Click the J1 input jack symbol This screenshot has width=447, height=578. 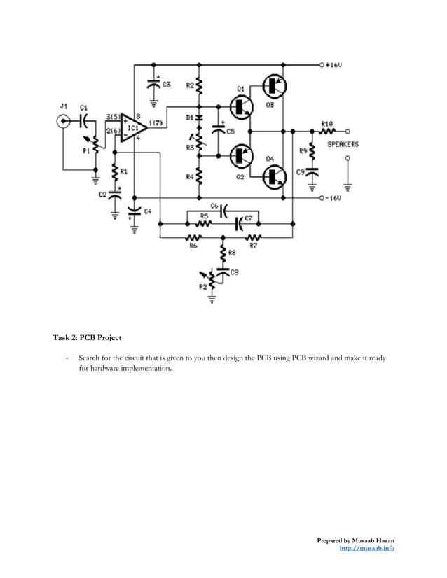click(x=64, y=120)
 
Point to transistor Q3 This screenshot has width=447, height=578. click(x=273, y=85)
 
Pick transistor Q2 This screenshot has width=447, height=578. click(x=242, y=155)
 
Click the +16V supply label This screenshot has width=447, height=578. click(x=333, y=64)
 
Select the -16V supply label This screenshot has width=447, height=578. click(x=333, y=199)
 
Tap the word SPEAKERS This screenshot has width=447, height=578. click(x=343, y=144)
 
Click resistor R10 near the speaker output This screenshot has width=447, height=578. click(x=326, y=130)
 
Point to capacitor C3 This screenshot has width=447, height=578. click(x=153, y=84)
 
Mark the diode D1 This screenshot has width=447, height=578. click(x=199, y=118)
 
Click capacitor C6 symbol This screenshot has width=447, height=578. click(x=224, y=210)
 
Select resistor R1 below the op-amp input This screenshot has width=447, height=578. click(x=114, y=171)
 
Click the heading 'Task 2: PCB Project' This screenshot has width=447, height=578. click(x=87, y=338)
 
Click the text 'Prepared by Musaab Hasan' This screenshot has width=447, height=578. click(x=355, y=540)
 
